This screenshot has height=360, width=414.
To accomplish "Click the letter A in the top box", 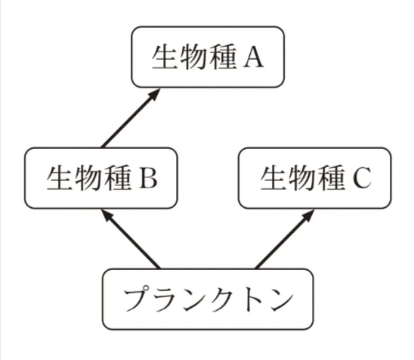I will tap(253, 58).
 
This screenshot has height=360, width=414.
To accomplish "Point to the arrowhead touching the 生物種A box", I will tap(154, 94).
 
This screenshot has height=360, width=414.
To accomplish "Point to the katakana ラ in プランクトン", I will tap(164, 299).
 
